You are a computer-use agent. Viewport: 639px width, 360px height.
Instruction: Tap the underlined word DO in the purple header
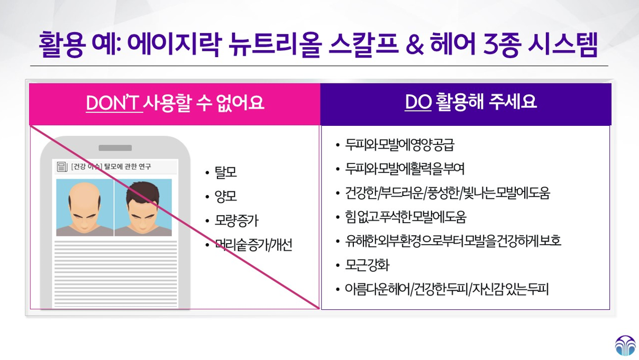point(418,102)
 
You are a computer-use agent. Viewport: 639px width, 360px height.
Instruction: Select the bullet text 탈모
point(225,172)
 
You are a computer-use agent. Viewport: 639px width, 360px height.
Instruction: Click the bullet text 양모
point(225,196)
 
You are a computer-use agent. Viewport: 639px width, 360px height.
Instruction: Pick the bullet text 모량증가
point(236,220)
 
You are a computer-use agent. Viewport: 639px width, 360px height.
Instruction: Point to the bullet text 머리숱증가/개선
point(253,245)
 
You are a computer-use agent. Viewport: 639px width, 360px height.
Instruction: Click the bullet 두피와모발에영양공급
point(399,145)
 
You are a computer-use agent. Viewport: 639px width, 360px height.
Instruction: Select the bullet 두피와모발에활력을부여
point(405,169)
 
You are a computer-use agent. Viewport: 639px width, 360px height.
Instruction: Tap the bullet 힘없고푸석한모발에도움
point(405,217)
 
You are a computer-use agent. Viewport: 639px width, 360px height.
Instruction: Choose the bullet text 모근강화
point(367,265)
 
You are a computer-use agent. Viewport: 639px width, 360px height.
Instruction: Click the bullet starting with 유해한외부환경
point(453,241)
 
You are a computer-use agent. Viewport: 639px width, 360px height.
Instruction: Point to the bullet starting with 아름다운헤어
point(446,289)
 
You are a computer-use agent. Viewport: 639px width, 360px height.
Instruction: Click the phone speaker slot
point(115,148)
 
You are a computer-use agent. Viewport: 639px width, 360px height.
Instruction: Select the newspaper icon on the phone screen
point(62,167)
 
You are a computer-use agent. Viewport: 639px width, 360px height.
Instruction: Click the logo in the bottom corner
point(625,346)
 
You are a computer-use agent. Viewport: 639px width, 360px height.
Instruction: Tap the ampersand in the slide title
point(415,44)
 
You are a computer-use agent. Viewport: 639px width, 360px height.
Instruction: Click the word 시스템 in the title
point(563,44)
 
